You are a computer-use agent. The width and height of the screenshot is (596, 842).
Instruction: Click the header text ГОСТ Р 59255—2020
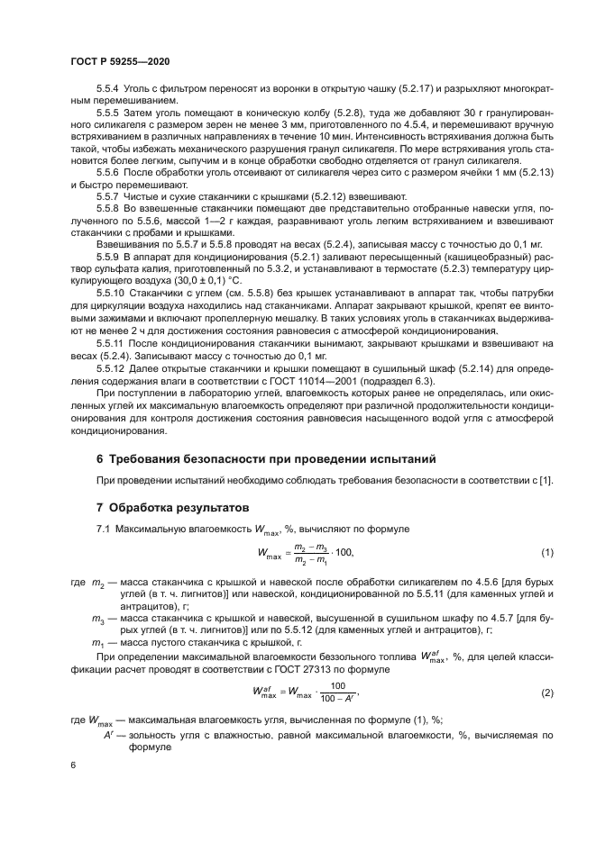(x=120, y=59)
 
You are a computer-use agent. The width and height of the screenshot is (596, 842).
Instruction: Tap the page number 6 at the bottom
(x=73, y=765)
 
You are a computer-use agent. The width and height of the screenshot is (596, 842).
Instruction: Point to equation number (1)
(x=546, y=552)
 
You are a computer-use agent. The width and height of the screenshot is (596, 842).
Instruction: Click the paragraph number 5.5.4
(x=107, y=90)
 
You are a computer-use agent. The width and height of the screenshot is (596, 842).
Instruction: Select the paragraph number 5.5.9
(x=107, y=257)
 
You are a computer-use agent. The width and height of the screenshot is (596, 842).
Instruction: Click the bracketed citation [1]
(x=546, y=481)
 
